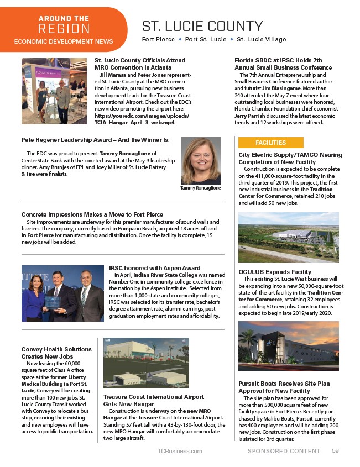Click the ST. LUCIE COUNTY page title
click(202, 26)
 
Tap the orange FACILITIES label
click(270, 143)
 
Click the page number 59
click(335, 451)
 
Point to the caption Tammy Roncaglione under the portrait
click(201, 188)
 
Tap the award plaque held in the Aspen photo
click(53, 303)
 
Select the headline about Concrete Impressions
click(92, 214)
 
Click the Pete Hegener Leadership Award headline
click(95, 140)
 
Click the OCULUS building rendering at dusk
click(288, 346)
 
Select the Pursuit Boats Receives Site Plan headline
click(284, 387)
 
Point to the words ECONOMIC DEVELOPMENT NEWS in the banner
click(63, 41)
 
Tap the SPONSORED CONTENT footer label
click(284, 451)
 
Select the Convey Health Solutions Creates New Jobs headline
click(56, 353)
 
